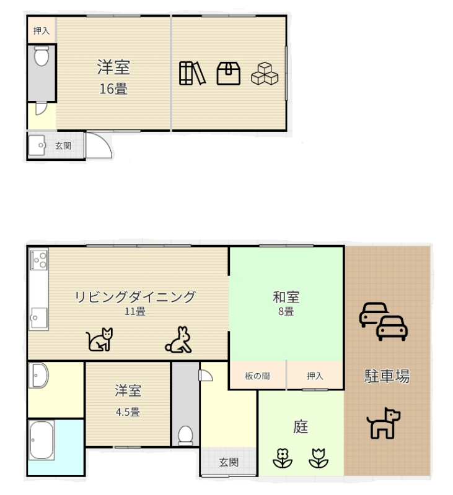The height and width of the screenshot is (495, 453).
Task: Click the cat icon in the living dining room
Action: (100, 340)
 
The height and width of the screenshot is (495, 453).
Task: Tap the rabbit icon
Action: (178, 340)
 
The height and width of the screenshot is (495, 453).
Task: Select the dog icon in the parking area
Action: (383, 423)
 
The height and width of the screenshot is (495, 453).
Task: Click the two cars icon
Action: (383, 321)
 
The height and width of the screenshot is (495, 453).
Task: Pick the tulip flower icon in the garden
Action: (319, 458)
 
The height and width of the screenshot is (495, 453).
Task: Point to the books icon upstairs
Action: (193, 73)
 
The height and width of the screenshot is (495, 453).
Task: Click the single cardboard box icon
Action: (228, 73)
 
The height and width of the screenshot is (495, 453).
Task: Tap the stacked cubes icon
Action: (265, 73)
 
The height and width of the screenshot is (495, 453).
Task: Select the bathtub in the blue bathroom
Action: (42, 441)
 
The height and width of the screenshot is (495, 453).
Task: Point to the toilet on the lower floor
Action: (185, 436)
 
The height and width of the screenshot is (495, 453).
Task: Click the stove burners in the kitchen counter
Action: (39, 260)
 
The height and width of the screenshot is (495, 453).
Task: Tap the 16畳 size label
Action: (113, 89)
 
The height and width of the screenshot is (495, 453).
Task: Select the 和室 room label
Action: (286, 297)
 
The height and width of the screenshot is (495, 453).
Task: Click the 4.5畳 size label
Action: (128, 412)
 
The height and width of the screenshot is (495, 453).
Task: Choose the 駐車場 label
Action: (387, 376)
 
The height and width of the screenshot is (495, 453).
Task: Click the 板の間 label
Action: (257, 376)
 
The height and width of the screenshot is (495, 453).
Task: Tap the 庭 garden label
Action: (301, 427)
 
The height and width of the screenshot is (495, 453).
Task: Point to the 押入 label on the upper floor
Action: (42, 31)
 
